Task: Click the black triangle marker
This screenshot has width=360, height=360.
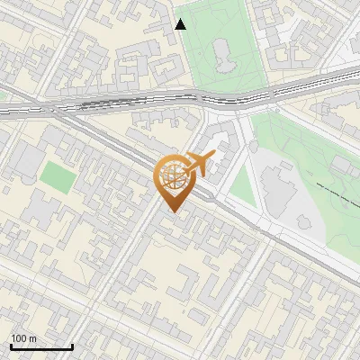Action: point(181,24)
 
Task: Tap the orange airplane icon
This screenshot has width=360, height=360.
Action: point(200,164)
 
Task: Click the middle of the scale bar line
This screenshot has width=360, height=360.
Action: point(41,346)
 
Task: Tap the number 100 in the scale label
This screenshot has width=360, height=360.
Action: point(19,338)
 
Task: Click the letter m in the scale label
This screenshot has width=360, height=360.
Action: point(32,338)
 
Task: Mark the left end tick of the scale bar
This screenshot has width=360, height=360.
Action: point(11,346)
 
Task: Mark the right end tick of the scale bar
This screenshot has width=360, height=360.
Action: point(72,346)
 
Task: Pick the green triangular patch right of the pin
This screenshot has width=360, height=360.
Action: point(241,184)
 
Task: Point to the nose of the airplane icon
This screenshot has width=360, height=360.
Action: point(214,156)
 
